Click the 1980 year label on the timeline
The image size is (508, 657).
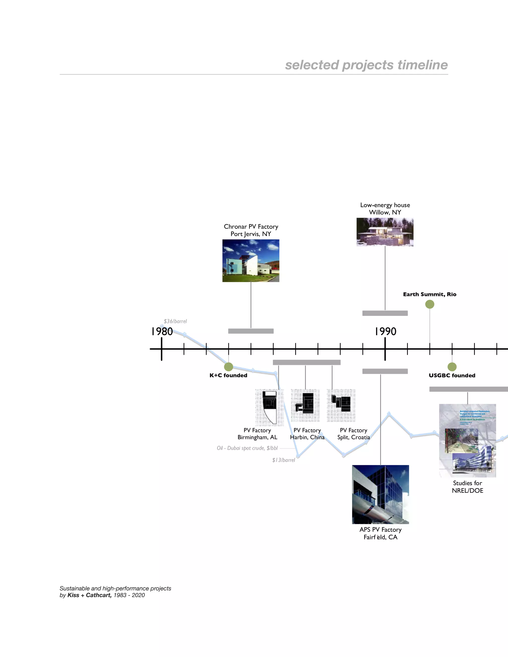[162, 331]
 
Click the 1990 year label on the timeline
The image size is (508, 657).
[385, 331]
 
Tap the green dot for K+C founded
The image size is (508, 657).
[228, 367]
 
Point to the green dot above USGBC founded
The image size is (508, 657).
[452, 367]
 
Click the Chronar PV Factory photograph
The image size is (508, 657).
[251, 261]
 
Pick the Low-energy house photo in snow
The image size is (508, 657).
[385, 232]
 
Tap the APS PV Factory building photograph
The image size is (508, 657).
[381, 494]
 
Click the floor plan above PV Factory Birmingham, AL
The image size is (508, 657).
[269, 407]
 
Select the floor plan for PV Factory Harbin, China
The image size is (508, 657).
[305, 405]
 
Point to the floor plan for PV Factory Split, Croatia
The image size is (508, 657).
[341, 405]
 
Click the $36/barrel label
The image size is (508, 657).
[175, 321]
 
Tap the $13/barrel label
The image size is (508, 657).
[284, 460]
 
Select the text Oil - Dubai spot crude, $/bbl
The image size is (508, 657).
[247, 448]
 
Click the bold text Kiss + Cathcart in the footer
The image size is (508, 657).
[89, 595]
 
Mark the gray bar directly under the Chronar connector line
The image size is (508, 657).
[251, 331]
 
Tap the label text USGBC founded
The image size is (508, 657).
[452, 375]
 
